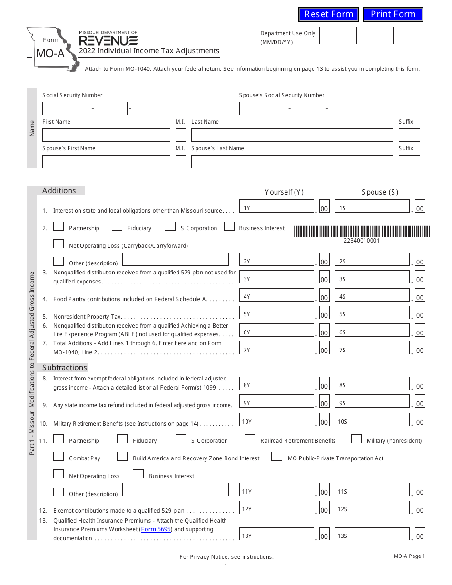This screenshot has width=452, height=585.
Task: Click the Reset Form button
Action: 329,14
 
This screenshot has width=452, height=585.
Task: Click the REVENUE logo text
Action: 108,40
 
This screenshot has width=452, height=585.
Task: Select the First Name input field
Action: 106,135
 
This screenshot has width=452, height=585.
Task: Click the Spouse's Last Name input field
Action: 292,162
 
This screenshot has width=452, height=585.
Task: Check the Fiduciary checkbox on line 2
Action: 117,226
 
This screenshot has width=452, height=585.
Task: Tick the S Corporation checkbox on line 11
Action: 181,439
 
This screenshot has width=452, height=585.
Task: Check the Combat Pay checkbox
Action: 59,457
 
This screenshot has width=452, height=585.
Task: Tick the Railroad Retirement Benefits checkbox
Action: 250,439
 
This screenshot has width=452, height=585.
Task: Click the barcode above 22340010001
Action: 361,231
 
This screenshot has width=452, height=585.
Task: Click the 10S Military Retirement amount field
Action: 380,419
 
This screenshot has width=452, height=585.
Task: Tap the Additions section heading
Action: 59,191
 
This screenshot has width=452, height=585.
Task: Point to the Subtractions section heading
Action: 65,368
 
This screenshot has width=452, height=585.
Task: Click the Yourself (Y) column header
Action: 284,192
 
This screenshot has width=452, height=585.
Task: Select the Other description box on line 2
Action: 175,259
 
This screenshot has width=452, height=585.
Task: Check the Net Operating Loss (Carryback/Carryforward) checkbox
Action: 59,244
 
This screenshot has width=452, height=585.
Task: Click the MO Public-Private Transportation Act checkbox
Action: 276,457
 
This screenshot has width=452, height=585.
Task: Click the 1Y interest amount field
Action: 285,206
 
